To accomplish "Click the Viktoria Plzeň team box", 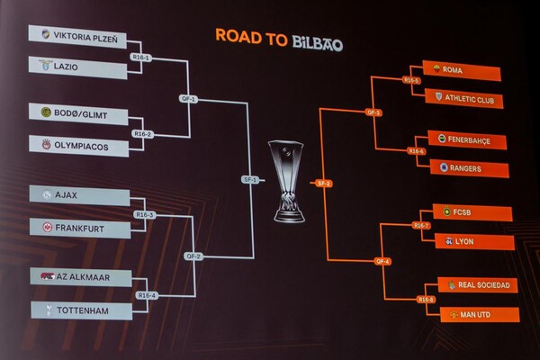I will tap(78, 36).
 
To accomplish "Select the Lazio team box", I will tap(78, 65).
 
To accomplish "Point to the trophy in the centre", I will tap(287, 180).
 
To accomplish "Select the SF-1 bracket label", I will tap(249, 179).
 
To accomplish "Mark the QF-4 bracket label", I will tap(382, 261).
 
